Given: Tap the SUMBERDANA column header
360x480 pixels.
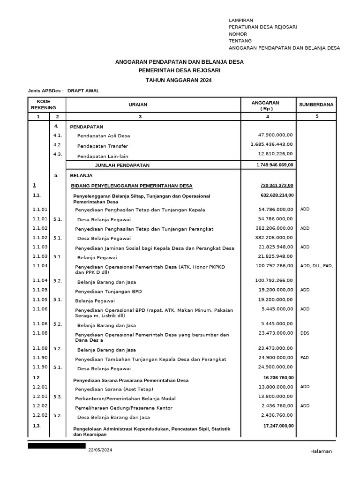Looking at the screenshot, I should click(316, 105).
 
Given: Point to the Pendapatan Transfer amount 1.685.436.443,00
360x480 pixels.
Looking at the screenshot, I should click(271, 144).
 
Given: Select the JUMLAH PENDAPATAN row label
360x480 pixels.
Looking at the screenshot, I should click(122, 165).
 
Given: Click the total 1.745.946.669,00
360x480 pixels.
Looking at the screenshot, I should click(275, 165).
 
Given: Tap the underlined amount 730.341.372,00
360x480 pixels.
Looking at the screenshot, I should click(277, 185).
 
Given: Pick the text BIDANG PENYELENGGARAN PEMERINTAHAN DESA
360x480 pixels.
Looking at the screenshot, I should click(132, 186).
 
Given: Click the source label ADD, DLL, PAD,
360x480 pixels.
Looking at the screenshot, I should click(316, 266).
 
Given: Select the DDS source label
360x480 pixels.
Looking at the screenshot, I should click(305, 333).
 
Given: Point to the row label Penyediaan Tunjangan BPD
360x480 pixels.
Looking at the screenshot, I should click(108, 292).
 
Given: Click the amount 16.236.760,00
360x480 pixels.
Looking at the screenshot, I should click(278, 377).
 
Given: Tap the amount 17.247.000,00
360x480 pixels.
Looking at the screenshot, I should click(278, 426).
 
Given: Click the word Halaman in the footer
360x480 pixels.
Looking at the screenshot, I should click(321, 451).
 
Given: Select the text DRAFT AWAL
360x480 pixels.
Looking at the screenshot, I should click(83, 91).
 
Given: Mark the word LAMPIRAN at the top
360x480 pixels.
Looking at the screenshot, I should click(240, 20).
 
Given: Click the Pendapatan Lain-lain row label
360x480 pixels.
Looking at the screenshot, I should click(103, 156).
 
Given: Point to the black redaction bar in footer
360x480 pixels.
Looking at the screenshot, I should click(56, 446).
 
